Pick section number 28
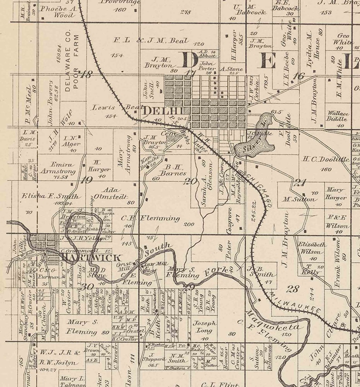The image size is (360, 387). [x=293, y=289]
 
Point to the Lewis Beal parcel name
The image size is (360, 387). [x=113, y=108]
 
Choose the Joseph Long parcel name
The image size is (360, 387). [x=205, y=327]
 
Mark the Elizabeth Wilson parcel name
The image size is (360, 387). [x=312, y=247]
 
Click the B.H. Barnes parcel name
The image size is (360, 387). [x=173, y=170]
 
